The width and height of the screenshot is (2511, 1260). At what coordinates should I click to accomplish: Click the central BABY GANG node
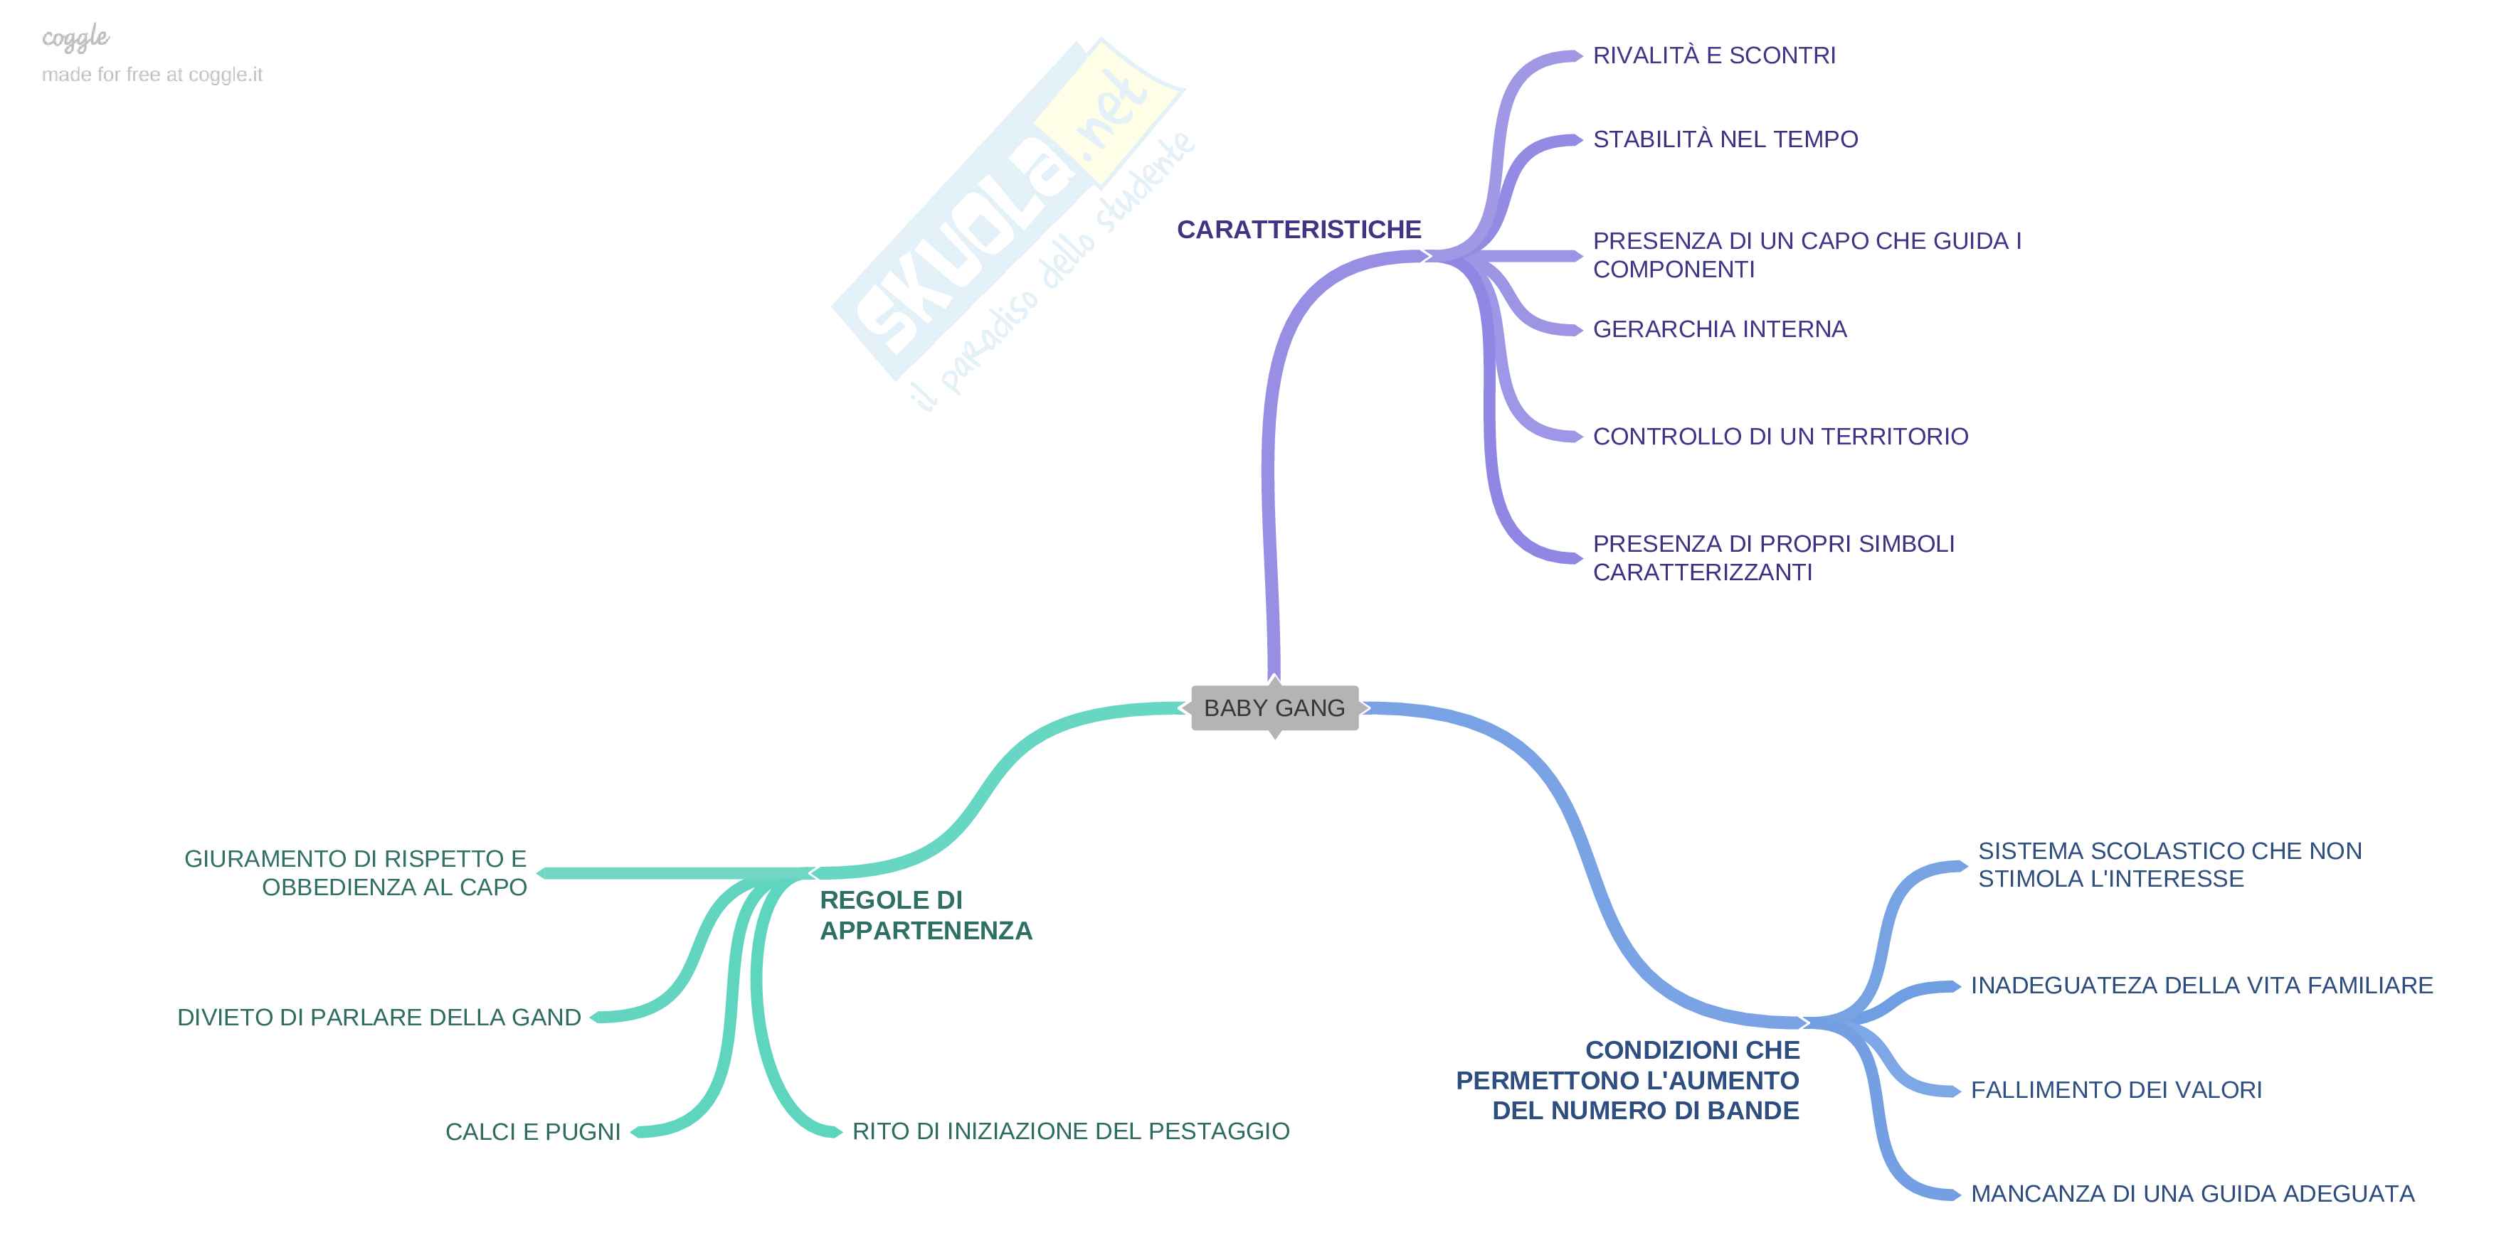pos(1274,708)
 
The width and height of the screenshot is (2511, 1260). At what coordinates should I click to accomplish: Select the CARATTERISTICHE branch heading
pos(1299,229)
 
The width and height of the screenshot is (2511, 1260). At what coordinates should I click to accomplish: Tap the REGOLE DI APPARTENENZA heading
pos(925,915)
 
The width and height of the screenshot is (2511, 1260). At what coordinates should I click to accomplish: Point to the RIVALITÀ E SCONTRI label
pos(1713,55)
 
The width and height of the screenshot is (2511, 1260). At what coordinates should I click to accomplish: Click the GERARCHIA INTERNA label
pos(1720,329)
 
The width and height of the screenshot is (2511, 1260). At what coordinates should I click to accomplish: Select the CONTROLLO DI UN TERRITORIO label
pos(1780,437)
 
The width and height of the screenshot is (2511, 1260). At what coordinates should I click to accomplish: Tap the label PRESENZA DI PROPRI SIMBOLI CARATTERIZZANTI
pos(1773,557)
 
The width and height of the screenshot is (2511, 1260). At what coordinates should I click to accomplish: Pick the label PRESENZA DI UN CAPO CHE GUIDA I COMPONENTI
pos(1807,255)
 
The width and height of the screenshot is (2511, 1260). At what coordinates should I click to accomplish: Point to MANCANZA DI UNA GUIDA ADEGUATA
pos(2192,1194)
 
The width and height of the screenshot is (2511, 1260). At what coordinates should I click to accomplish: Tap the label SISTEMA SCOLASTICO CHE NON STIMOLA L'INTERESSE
pos(2169,865)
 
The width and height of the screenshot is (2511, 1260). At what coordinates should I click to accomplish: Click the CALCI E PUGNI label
pos(533,1131)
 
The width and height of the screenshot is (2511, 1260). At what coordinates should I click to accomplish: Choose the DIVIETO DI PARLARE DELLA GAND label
pos(379,1018)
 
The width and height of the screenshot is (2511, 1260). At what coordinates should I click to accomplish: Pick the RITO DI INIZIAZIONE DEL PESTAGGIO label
pos(1070,1131)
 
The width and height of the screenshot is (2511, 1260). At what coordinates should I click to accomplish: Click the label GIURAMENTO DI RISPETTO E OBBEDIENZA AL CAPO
pos(356,872)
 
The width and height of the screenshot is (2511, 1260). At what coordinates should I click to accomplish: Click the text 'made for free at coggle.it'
pos(152,75)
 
